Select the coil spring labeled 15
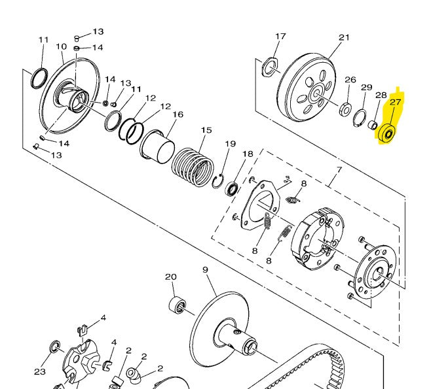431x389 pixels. tap(193, 167)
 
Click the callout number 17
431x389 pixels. tap(280, 36)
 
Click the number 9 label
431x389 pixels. tap(205, 270)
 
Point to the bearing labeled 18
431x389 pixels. tap(232, 190)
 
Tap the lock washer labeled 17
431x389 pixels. tap(269, 66)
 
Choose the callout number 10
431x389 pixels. tap(61, 46)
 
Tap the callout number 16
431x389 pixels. tap(178, 114)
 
